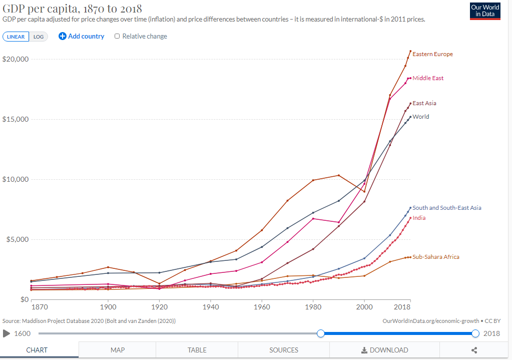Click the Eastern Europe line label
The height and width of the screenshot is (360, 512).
(x=432, y=54)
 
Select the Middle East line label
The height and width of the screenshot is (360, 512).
(x=428, y=78)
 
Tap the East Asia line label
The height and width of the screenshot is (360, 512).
(x=424, y=103)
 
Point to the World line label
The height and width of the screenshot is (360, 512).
(x=420, y=117)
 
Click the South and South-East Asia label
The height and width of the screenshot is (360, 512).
(x=446, y=208)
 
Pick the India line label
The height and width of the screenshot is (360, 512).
(x=419, y=218)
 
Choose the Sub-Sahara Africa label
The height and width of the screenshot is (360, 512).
(x=435, y=257)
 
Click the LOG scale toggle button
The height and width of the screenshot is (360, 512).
(x=39, y=37)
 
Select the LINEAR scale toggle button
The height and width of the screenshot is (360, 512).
(x=16, y=37)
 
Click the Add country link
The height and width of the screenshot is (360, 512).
(x=82, y=36)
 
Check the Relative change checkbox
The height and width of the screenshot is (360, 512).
(x=117, y=36)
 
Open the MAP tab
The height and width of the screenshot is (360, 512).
(x=118, y=350)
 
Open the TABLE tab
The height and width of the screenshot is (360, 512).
(x=197, y=350)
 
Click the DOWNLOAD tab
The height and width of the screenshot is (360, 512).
(x=384, y=350)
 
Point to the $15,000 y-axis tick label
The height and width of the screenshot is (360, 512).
(x=17, y=119)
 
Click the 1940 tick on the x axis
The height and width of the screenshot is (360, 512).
(x=210, y=306)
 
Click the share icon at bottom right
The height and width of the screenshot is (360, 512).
(x=474, y=350)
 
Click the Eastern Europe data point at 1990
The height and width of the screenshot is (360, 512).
(x=339, y=175)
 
